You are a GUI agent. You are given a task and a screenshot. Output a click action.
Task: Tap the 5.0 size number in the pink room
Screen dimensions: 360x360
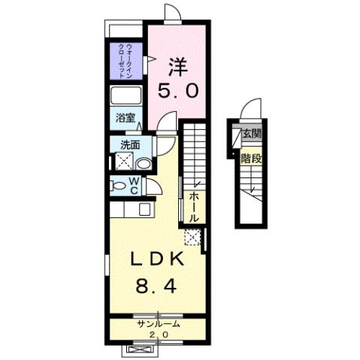tap(177, 91)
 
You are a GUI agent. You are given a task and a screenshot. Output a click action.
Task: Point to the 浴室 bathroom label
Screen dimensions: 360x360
tap(125, 117)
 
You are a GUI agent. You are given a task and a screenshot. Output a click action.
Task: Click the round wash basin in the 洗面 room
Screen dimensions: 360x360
tap(143, 162)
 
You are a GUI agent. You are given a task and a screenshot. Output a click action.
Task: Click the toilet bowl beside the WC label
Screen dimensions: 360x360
tap(119, 185)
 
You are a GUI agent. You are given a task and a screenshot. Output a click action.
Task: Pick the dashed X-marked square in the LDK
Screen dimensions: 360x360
tap(192, 238)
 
